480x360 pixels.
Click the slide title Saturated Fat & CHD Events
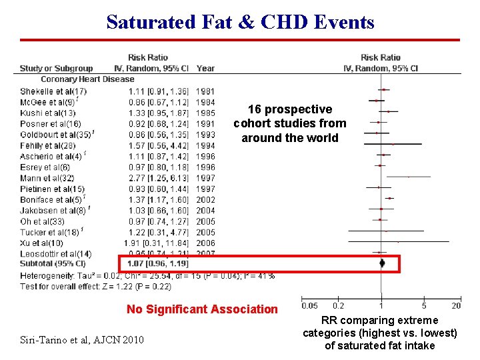pyautogui.click(x=240, y=22)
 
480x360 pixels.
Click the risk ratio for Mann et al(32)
pyautogui.click(x=159, y=178)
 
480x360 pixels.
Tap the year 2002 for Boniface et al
pyautogui.click(x=206, y=200)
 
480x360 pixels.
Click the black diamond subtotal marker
pyautogui.click(x=382, y=263)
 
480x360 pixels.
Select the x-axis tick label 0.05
pyautogui.click(x=309, y=306)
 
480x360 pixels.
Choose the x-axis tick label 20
pyautogui.click(x=456, y=306)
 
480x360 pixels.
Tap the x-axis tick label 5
pyautogui.click(x=424, y=306)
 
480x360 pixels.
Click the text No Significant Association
pyautogui.click(x=202, y=309)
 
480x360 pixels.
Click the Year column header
pyautogui.click(x=206, y=68)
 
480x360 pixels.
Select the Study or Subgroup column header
pyautogui.click(x=56, y=68)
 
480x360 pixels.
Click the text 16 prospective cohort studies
pyautogui.click(x=290, y=123)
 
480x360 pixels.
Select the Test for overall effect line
pyautogui.click(x=95, y=287)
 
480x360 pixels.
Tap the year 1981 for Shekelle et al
pyautogui.click(x=206, y=91)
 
